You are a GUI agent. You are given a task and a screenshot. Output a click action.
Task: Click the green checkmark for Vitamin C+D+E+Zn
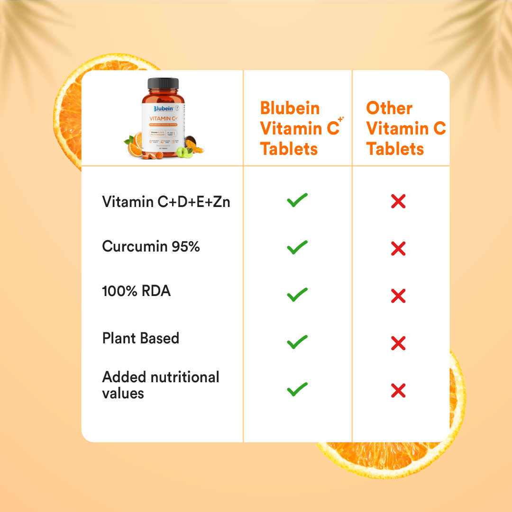pos(297,200)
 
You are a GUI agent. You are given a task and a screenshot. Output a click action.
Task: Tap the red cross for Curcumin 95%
pos(398,248)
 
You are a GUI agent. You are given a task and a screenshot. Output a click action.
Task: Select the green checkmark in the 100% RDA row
pos(297,295)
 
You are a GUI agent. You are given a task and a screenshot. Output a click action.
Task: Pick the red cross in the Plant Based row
pos(398,342)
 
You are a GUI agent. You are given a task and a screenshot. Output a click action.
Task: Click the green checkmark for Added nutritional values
pos(297,390)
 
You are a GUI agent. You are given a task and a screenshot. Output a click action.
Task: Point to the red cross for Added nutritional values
pos(398,391)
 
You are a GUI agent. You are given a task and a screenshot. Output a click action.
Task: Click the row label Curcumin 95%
pos(151,247)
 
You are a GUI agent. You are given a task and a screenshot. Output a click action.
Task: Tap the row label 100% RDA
pos(136,291)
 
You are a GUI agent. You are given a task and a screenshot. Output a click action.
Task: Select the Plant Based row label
pos(140,338)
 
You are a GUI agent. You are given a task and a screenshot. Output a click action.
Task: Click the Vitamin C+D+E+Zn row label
pos(166,202)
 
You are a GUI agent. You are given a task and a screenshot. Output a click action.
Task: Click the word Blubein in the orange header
pos(290,108)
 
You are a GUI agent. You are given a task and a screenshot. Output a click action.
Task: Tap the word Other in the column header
pos(389,108)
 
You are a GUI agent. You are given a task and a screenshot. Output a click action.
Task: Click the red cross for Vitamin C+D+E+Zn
pos(398,202)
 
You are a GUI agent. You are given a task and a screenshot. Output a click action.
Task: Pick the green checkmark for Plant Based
pos(297,342)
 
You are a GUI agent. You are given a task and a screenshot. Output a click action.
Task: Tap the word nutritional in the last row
pos(184,377)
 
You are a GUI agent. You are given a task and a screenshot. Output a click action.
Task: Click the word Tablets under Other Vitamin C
pos(395,149)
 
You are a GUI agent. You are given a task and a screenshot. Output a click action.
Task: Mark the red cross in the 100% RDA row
pos(398,296)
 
